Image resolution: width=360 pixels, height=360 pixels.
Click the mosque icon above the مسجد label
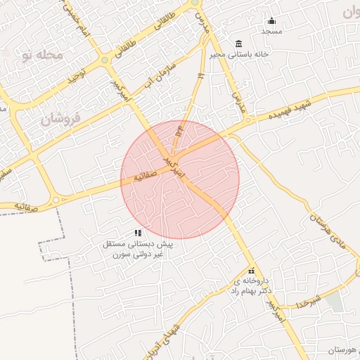point(272,21)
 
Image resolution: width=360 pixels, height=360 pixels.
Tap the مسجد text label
point(271,32)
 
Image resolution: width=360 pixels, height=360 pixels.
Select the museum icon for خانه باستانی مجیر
point(238,44)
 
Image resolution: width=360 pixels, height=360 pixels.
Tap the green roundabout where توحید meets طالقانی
point(104,60)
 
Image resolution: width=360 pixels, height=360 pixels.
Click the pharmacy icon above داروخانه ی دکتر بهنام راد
point(252,271)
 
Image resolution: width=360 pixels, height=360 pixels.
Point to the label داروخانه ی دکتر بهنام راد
point(252,285)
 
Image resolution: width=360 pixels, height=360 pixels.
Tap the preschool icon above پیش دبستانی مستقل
point(139,233)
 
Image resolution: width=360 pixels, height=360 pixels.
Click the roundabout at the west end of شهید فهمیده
point(248,120)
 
